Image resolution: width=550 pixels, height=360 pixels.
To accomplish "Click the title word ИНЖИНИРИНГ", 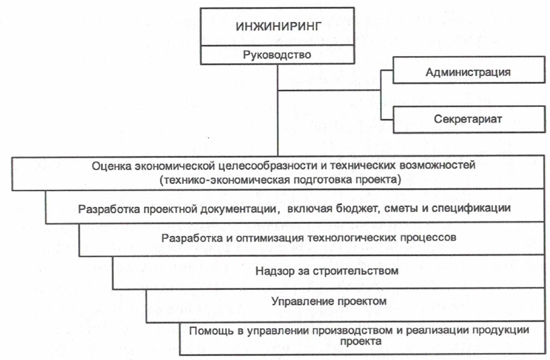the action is click(278, 27).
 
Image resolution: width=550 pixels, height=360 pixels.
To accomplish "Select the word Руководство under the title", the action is click(277, 55).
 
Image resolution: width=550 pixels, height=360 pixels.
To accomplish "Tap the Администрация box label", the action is click(468, 72).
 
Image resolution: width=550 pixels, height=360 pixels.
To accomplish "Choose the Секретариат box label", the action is click(468, 119).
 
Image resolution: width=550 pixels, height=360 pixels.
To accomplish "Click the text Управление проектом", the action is click(329, 301).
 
